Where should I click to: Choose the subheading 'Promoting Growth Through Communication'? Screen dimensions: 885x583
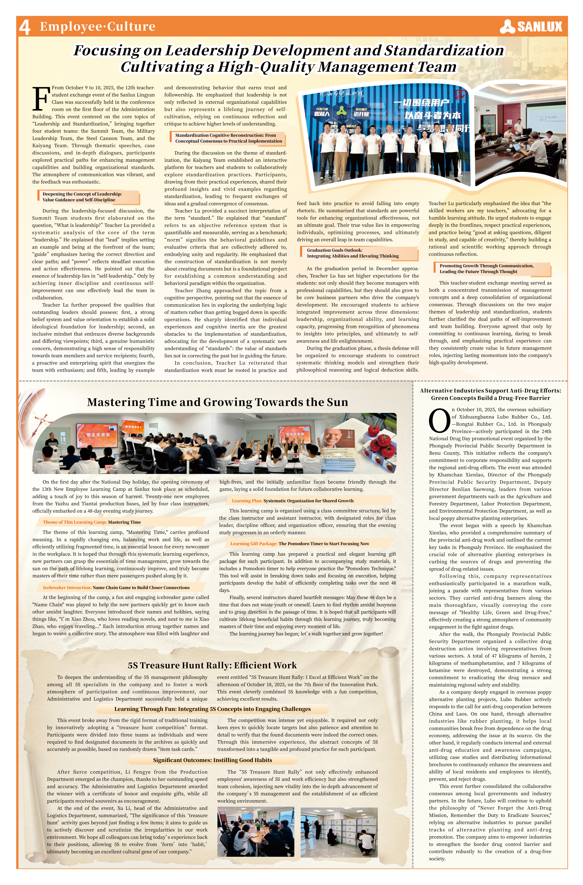click(486, 266)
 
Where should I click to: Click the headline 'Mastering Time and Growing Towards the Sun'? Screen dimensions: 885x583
click(218, 402)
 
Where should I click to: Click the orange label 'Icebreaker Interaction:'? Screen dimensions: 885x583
click(67, 588)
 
